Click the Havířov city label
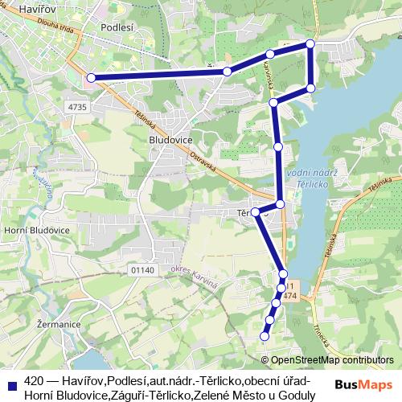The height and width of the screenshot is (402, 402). (x=23, y=8)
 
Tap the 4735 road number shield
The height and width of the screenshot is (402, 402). (x=77, y=106)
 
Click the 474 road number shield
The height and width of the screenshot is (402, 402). (x=290, y=297)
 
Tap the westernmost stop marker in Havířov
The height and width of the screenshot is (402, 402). (x=91, y=78)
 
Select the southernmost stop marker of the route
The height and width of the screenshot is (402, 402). (x=265, y=336)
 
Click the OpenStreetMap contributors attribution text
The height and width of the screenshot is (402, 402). (x=333, y=360)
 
